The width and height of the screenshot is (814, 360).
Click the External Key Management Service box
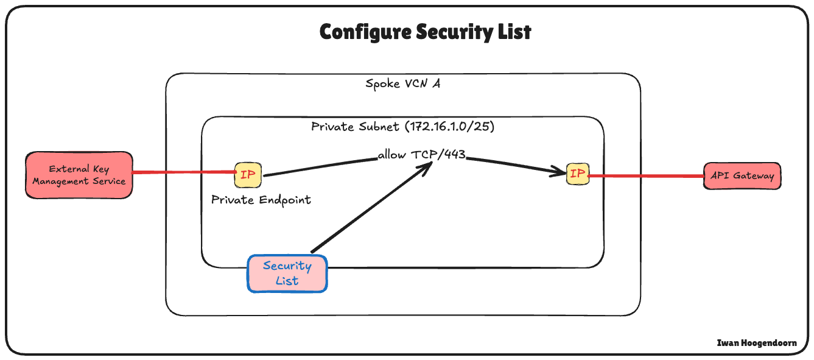click(79, 175)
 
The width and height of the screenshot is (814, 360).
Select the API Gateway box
click(742, 175)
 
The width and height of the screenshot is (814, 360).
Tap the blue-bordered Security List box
click(287, 273)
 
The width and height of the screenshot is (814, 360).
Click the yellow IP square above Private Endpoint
click(248, 175)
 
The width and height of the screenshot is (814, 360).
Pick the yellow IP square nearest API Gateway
click(577, 174)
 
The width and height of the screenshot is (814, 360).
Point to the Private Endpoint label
click(261, 200)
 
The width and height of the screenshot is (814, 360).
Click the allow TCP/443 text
click(421, 155)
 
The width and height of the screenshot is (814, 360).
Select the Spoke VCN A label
click(402, 84)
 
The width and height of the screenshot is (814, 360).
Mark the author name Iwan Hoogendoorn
click(757, 343)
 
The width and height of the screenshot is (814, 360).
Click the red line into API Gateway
click(645, 176)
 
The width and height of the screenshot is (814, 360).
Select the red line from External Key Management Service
click(183, 172)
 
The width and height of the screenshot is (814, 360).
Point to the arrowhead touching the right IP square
click(561, 173)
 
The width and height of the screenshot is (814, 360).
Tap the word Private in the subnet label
click(332, 127)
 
